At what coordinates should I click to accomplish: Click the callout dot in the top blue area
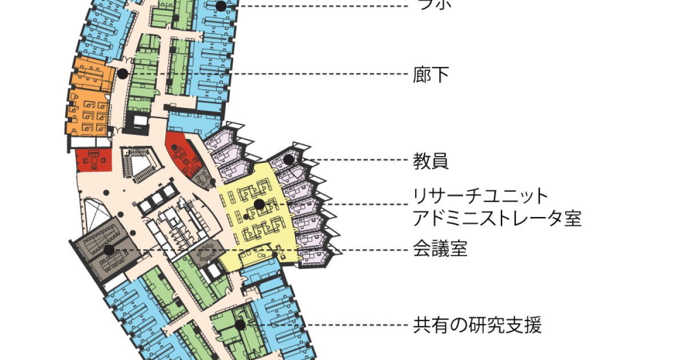(221, 6)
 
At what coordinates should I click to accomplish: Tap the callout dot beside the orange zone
(122, 74)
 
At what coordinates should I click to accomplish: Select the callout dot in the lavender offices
(289, 159)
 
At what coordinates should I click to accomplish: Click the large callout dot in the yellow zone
(259, 204)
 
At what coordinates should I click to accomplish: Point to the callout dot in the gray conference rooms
(109, 250)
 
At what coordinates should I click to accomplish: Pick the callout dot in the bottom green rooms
(240, 325)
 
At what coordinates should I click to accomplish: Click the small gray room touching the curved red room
(203, 178)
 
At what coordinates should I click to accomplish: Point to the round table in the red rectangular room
(93, 161)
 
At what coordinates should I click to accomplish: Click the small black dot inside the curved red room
(174, 147)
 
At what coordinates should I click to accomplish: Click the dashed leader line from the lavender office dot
(354, 160)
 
